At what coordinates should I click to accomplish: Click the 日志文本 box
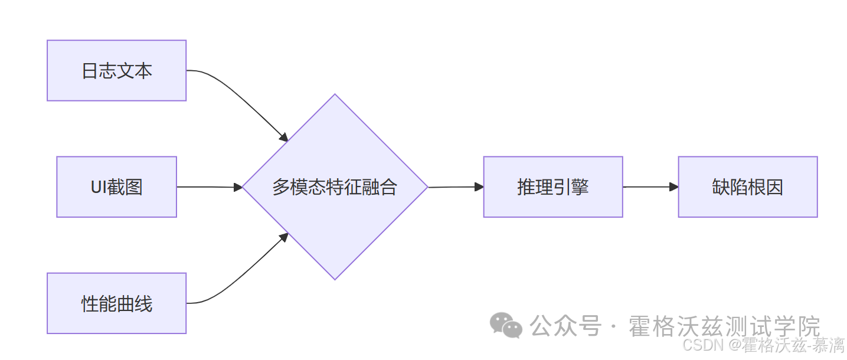[116, 70]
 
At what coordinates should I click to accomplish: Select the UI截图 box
[116, 186]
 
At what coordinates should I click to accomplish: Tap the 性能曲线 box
[116, 303]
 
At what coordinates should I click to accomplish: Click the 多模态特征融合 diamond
[335, 186]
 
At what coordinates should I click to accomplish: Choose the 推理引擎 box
[552, 186]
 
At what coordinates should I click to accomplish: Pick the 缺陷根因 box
[747, 186]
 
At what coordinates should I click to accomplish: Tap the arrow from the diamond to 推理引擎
[454, 187]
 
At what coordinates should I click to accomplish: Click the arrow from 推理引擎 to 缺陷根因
[649, 186]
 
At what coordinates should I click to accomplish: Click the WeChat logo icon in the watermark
[506, 325]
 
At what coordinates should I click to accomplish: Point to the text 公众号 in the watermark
[565, 326]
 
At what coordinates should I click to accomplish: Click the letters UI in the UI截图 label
[98, 187]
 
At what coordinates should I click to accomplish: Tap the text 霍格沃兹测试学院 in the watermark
[724, 326]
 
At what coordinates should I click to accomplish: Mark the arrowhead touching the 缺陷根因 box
[673, 186]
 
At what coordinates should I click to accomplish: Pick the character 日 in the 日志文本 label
[89, 71]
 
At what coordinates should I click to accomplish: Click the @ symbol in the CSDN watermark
[734, 345]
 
